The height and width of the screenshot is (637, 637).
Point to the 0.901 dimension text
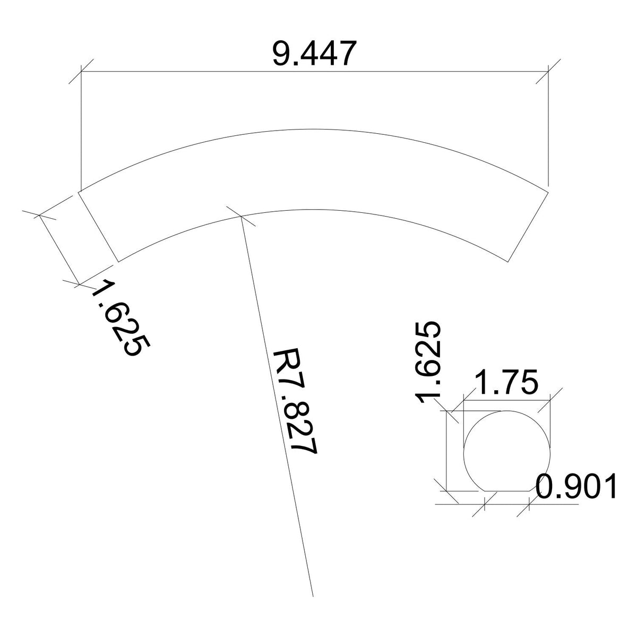point(576,486)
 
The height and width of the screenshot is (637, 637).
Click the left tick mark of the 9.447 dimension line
point(81,72)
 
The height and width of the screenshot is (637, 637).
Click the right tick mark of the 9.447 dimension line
point(548,72)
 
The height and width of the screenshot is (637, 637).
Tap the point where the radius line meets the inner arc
point(241,216)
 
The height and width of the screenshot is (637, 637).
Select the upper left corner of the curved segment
point(80,191)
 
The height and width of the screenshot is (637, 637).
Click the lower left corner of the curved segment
point(116,261)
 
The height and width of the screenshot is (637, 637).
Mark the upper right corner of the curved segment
point(548,188)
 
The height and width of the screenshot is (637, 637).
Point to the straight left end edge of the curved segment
point(98,226)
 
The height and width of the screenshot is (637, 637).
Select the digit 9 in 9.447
point(281,53)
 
